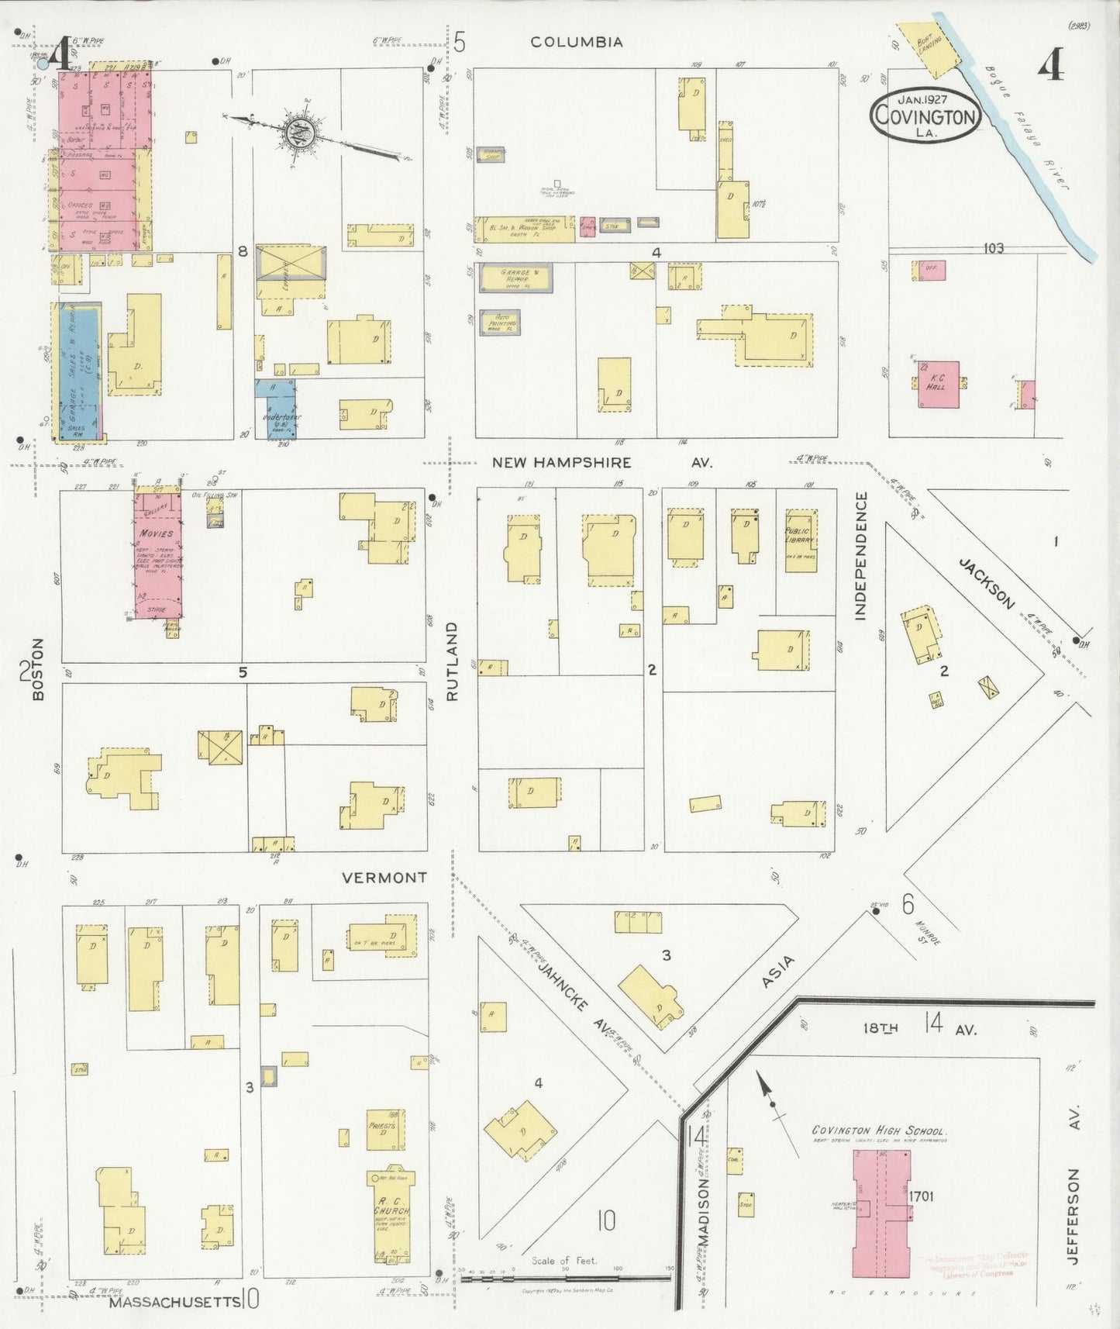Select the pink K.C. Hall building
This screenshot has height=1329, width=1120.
click(938, 384)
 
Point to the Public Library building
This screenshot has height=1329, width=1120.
click(801, 540)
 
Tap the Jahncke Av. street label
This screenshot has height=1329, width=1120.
click(574, 994)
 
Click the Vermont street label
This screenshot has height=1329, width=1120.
click(384, 878)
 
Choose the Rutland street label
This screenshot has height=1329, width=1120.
click(452, 661)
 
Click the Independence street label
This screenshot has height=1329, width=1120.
click(860, 556)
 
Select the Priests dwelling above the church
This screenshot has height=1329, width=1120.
click(384, 1129)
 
